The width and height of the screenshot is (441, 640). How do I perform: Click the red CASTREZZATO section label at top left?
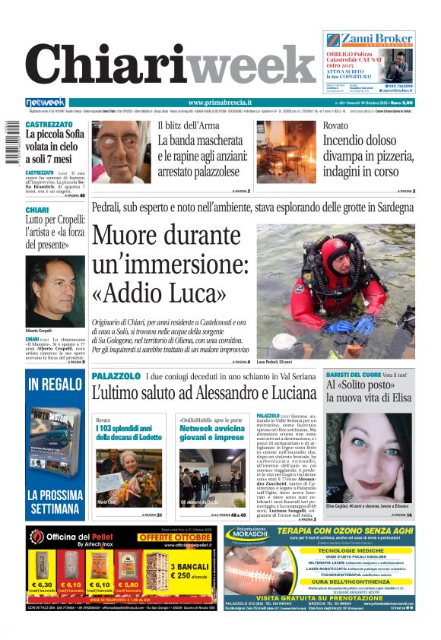[49, 124]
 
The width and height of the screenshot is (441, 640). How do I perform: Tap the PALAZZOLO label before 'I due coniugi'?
[116, 376]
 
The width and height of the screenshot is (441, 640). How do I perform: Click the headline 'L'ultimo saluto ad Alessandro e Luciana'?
[203, 394]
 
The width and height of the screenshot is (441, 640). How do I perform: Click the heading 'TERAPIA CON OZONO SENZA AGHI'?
[332, 533]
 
